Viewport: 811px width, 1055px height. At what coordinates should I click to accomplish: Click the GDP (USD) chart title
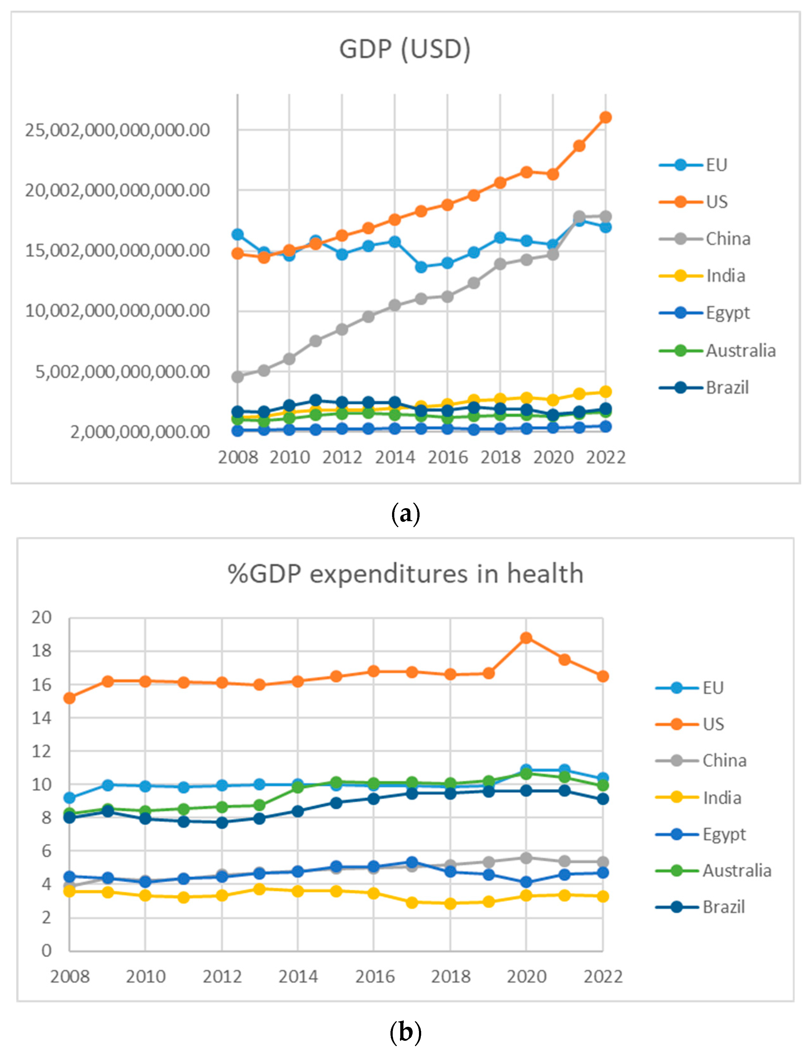404,49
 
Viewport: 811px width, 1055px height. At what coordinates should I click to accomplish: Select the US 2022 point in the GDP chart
605,117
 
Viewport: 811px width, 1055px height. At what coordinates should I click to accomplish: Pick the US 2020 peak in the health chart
526,638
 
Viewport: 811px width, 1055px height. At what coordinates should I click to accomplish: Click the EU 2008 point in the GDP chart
238,234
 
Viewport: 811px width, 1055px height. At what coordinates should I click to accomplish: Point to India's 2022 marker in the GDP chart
605,392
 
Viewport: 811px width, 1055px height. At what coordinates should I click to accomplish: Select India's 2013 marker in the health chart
259,889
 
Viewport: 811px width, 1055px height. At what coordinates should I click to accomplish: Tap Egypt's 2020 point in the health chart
526,882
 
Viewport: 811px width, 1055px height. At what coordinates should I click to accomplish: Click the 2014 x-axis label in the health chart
298,977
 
